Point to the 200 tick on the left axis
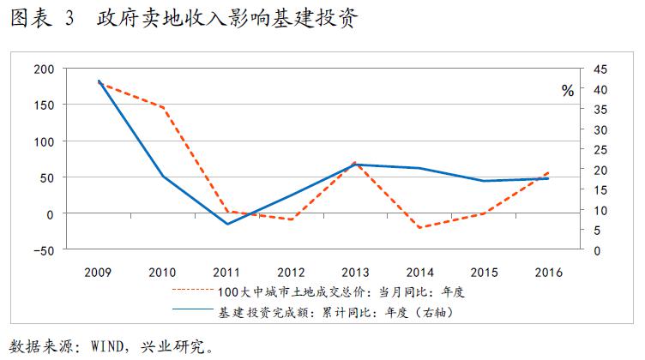tap(42, 69)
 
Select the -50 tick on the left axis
tap(42, 250)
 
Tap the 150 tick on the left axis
tap(42, 105)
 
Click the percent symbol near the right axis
tap(568, 92)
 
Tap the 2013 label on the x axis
tap(355, 273)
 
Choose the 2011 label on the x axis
tap(226, 273)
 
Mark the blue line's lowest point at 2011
tap(227, 224)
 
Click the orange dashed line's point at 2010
tap(163, 107)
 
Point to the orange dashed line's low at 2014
tap(419, 228)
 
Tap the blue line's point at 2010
tap(163, 177)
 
